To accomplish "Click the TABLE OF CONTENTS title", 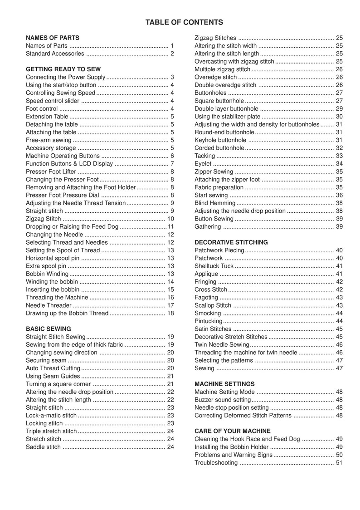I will [x=184, y=22].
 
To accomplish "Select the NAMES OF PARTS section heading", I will [x=53, y=38].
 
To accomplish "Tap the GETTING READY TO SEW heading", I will [x=63, y=69].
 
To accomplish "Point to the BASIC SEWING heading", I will [x=49, y=329].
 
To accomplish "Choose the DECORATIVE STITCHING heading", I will [x=231, y=242].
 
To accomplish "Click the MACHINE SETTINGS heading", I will [x=224, y=384].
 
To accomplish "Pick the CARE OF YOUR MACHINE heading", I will [x=233, y=431].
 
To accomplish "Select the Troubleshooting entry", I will [x=216, y=463].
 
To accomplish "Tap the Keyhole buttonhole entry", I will [x=220, y=140].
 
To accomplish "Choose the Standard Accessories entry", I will [x=55, y=54].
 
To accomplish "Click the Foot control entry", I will [x=42, y=109].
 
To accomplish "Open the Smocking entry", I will [x=208, y=313].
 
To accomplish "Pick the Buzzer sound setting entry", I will [x=223, y=400].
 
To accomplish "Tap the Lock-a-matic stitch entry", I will [x=51, y=415].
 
